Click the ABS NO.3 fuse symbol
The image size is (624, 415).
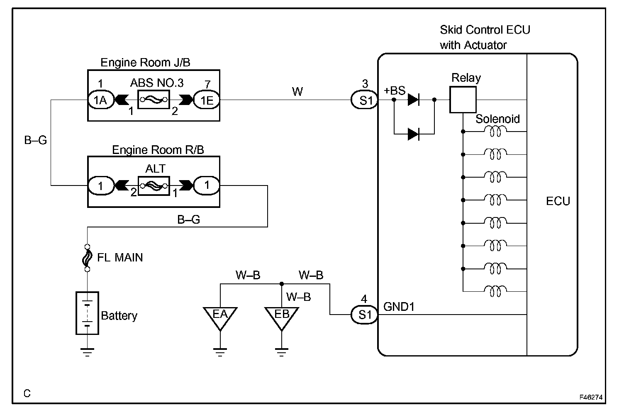tap(154, 100)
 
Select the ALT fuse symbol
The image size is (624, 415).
tap(154, 186)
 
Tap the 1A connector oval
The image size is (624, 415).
tap(101, 100)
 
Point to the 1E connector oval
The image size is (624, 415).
tap(207, 100)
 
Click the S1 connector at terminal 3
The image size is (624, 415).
tap(364, 100)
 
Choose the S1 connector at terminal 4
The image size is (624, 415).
tap(364, 315)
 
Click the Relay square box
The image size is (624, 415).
tap(463, 100)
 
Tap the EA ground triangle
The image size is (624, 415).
tap(220, 318)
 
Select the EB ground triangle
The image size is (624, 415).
tap(282, 318)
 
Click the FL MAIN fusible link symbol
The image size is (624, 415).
tap(87, 258)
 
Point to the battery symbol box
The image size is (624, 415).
tap(87, 313)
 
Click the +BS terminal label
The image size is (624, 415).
tap(395, 90)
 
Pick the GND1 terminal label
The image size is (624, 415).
tap(399, 307)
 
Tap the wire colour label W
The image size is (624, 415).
tap(297, 91)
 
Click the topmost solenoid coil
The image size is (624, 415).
tap(495, 131)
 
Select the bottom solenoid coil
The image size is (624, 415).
tap(495, 291)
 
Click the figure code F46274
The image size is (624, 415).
tap(591, 397)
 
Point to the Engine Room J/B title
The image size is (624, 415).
tap(145, 62)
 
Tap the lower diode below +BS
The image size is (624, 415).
tap(414, 134)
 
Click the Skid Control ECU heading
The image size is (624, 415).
tap(485, 30)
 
